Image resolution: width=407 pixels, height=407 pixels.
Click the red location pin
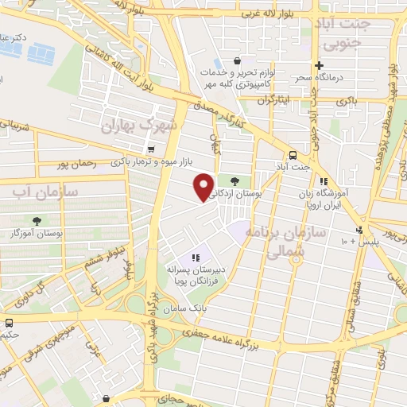[x=204, y=185]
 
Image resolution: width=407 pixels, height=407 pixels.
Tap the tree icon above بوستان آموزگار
[x=37, y=220]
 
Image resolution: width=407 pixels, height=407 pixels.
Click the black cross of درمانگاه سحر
[x=319, y=65]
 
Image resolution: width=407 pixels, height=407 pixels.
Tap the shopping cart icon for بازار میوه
[x=150, y=149]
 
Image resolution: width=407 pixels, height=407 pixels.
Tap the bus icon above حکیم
[x=10, y=324]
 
